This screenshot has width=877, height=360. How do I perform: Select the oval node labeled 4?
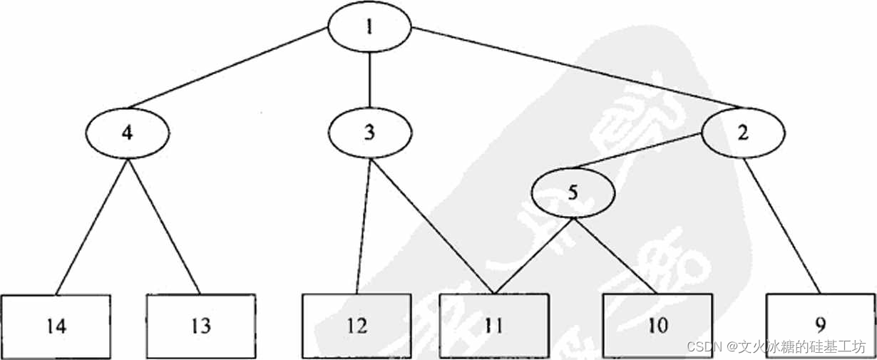pos(127,133)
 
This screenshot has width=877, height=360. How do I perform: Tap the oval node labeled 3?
pos(369,133)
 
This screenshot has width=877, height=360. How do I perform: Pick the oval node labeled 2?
pos(743,133)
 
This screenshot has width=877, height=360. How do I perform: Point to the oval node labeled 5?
pos(573,193)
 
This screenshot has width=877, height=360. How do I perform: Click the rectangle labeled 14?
pos(56,326)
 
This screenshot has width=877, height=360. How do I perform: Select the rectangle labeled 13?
pos(200,326)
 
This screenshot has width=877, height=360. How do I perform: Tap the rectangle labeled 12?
pos(357,326)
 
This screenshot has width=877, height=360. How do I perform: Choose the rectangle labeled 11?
pos(494,326)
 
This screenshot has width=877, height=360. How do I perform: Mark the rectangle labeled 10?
pos(657,326)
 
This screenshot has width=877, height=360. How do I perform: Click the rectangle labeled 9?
pos(820,326)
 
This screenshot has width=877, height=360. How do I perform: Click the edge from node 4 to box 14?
pos(93,226)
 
